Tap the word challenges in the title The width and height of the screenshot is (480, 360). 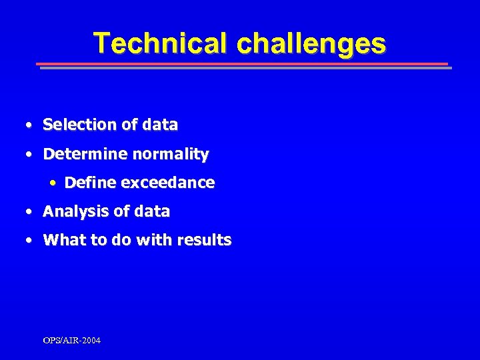[x=311, y=43]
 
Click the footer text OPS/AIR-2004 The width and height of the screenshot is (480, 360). [x=72, y=341]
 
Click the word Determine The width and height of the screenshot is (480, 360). [x=85, y=154]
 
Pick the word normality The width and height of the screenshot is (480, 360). [x=170, y=154]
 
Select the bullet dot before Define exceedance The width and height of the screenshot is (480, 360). [x=53, y=183]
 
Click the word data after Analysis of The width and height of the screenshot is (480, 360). [x=152, y=212]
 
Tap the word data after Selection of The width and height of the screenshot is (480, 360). [x=160, y=125]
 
